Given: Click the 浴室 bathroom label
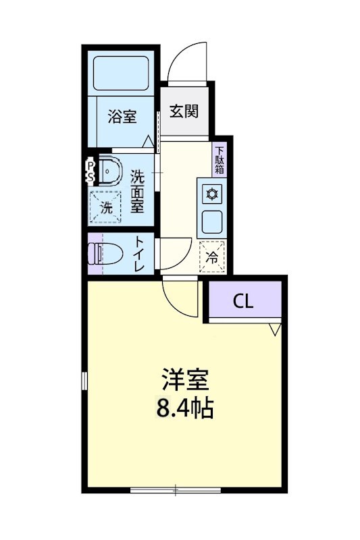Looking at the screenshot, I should (x=122, y=116).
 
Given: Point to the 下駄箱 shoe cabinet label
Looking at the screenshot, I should (x=220, y=161).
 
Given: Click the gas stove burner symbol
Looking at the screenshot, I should (x=211, y=194).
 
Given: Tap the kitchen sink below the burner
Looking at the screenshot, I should (x=212, y=221).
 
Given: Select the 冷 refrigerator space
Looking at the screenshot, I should (x=211, y=256).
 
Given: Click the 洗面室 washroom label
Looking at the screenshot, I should (x=137, y=191).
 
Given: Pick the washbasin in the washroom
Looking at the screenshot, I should (x=108, y=171).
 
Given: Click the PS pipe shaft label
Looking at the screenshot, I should (x=89, y=170).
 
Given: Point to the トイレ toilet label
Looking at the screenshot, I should (x=138, y=254).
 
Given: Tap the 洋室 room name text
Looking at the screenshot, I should (x=186, y=380).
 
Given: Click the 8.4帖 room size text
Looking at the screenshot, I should (x=186, y=408).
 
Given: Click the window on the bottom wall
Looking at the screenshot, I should (x=176, y=489).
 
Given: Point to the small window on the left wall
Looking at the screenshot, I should (x=84, y=380).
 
